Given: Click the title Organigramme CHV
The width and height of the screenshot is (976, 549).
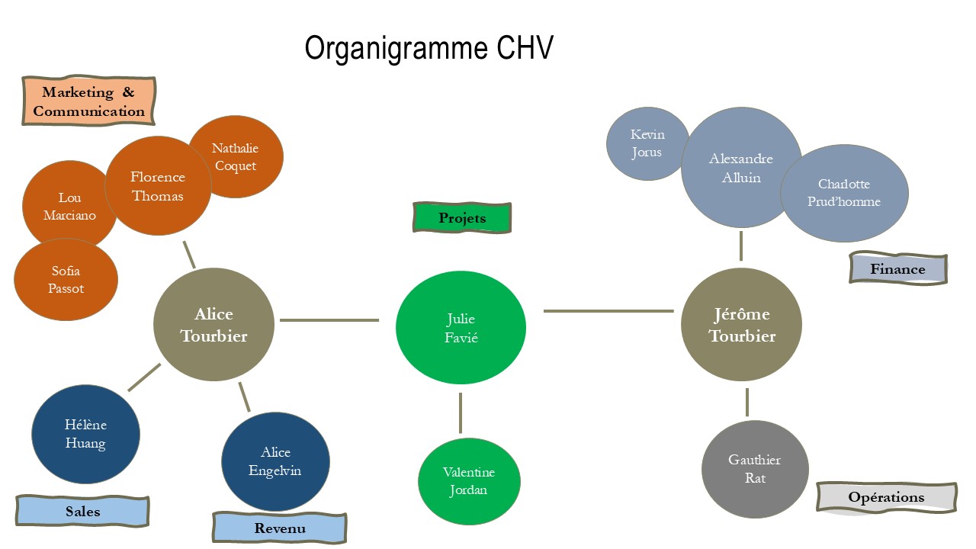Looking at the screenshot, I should (x=429, y=48).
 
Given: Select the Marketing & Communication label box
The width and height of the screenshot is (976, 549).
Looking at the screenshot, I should (x=88, y=101).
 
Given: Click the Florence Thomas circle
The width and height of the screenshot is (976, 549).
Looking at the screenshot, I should (x=157, y=185).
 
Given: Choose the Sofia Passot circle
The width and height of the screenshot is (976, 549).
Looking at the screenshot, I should (x=66, y=280).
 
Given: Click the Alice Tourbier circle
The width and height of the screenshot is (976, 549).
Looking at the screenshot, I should (x=213, y=325).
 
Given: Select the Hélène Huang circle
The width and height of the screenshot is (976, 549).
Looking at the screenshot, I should (x=85, y=434).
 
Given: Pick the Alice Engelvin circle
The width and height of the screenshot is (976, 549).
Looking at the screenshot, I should (x=275, y=461).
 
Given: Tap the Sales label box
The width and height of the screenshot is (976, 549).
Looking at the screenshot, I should (x=82, y=511).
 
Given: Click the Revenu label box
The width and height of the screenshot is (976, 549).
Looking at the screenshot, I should (x=280, y=528).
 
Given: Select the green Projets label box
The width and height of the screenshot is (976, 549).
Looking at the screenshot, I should (x=462, y=218).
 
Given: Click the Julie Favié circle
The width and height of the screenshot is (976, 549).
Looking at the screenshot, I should (x=461, y=328).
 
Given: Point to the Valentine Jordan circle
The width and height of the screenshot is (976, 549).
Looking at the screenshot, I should (x=469, y=481).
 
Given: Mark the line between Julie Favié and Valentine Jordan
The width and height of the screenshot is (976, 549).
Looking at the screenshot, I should (x=461, y=413).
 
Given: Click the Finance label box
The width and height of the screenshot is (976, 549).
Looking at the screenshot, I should (x=897, y=269).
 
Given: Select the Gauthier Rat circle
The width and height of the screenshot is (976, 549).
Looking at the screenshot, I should (x=755, y=469).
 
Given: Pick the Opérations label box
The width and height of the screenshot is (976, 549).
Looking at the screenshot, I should (x=886, y=497).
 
